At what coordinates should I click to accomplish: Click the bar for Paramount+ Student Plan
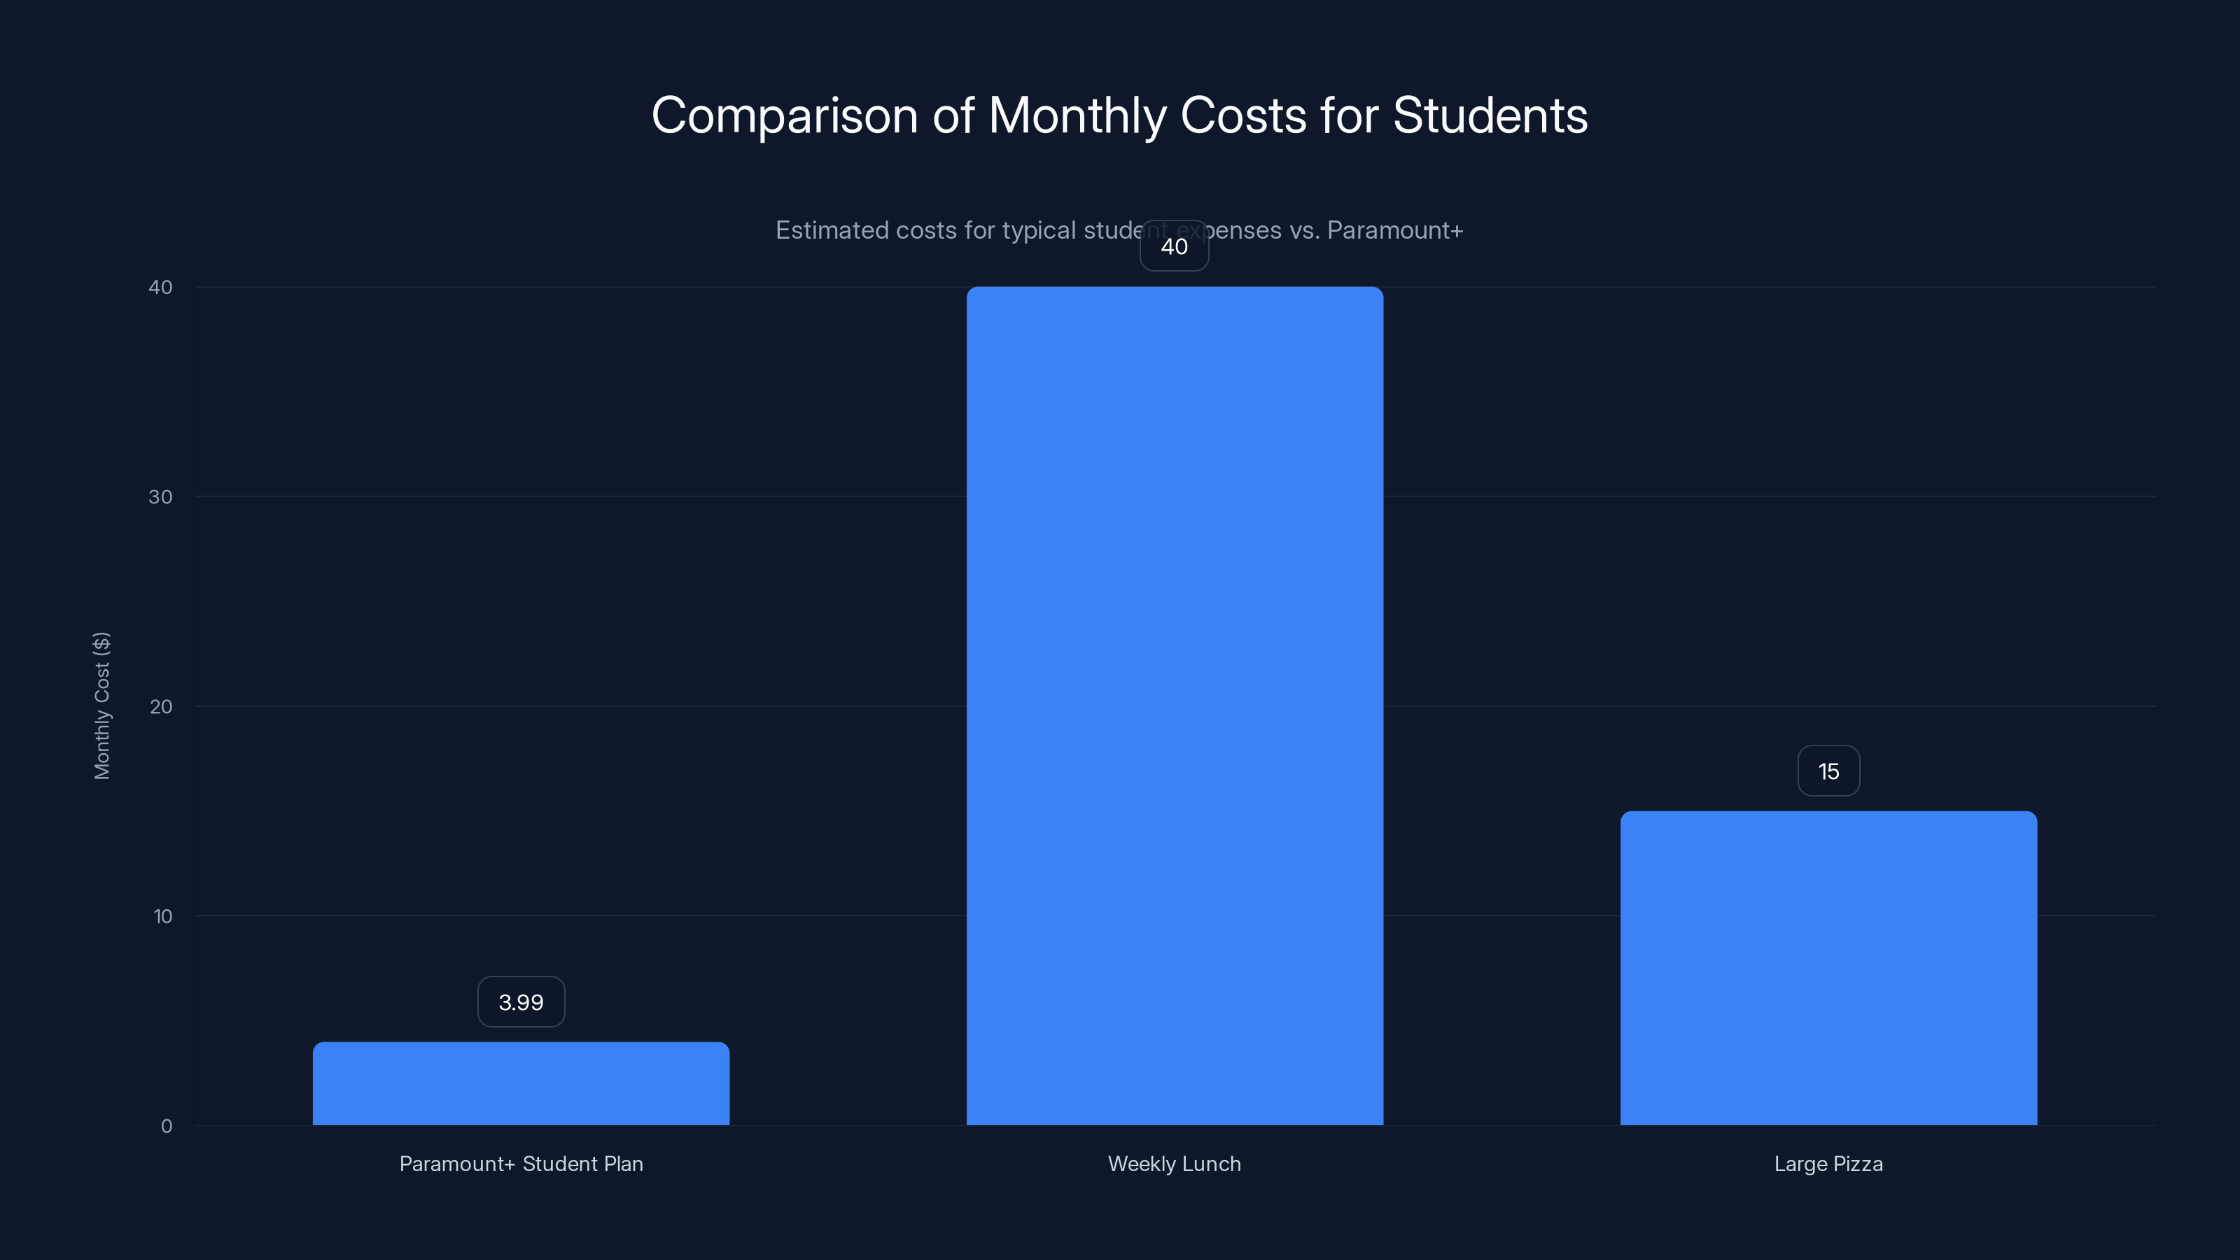point(521,1084)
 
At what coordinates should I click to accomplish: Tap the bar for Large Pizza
point(1828,968)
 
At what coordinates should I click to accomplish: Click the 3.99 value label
point(521,1002)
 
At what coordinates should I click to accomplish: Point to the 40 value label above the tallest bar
point(1174,246)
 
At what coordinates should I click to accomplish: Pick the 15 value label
point(1828,771)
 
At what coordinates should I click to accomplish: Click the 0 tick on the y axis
point(166,1126)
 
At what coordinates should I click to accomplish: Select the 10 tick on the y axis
point(162,916)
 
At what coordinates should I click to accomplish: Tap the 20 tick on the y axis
point(161,707)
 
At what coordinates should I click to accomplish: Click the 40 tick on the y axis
point(160,288)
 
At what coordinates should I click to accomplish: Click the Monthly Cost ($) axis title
point(101,705)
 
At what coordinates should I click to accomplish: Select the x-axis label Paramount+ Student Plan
point(521,1163)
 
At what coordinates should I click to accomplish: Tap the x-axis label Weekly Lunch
point(1174,1163)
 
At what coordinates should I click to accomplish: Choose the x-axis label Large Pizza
point(1828,1163)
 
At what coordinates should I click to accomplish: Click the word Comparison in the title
point(784,116)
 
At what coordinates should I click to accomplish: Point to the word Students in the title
point(1490,115)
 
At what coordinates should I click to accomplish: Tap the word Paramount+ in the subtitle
point(1395,230)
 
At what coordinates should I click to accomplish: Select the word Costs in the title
point(1242,115)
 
